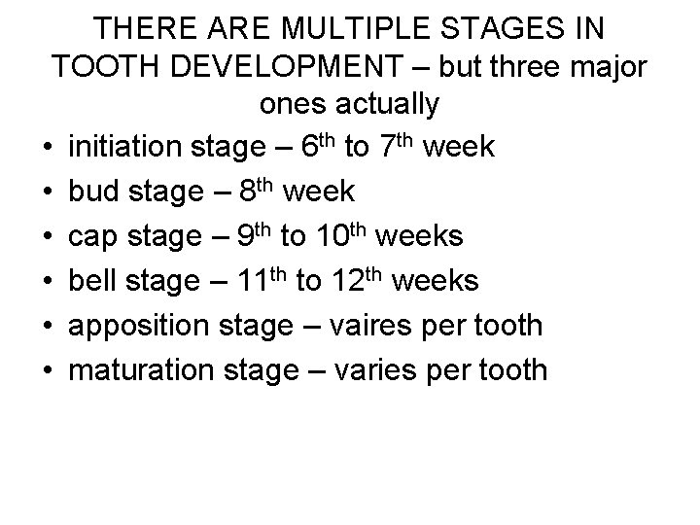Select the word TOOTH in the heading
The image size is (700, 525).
coord(110,63)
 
